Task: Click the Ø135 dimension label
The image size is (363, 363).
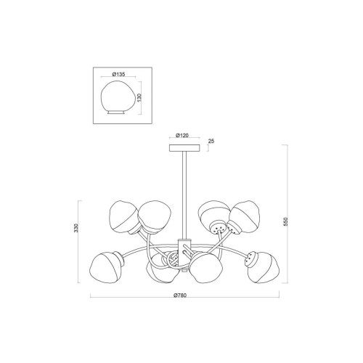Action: click(119, 74)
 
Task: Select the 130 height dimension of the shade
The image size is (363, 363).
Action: click(139, 97)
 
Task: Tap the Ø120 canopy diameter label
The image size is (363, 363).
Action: click(182, 136)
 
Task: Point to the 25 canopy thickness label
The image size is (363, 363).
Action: click(211, 141)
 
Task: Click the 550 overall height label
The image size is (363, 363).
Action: click(286, 221)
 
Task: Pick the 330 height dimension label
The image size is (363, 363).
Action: click(76, 228)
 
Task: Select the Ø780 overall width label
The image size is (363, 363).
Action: click(180, 295)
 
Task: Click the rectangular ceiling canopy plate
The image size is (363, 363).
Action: click(184, 148)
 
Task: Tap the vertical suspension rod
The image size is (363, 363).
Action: click(184, 195)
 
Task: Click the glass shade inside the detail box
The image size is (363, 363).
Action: click(116, 97)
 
